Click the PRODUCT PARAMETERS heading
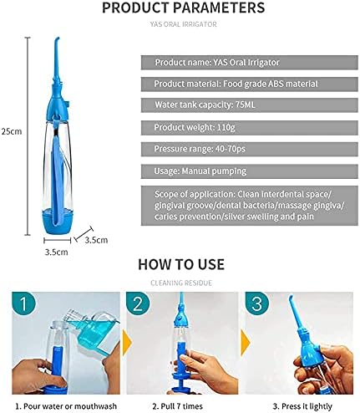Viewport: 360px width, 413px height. click(x=183, y=8)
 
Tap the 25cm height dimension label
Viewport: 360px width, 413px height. click(x=12, y=131)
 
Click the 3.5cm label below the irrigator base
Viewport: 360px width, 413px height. click(x=57, y=252)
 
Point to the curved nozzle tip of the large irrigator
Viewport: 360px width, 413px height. click(x=57, y=39)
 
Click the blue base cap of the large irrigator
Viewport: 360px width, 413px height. click(x=58, y=222)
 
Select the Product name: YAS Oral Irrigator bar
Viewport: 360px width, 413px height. click(x=249, y=63)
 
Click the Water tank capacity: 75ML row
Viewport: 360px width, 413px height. click(x=249, y=105)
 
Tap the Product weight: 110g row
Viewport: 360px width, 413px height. click(x=249, y=128)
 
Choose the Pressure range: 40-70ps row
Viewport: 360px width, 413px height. click(x=249, y=149)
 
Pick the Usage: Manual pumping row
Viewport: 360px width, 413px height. click(x=249, y=171)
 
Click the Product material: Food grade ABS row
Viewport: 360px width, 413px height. click(x=249, y=84)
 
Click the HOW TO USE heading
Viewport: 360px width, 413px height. click(x=181, y=264)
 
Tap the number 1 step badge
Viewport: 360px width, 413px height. click(x=23, y=303)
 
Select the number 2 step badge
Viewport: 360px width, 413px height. click(x=138, y=303)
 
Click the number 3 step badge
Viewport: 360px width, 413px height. click(x=256, y=303)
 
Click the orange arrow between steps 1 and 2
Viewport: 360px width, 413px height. click(x=127, y=342)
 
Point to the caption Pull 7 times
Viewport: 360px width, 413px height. click(x=178, y=406)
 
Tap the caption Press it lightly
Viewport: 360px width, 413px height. click(x=302, y=406)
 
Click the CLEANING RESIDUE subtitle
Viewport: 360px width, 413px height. click(x=181, y=283)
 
